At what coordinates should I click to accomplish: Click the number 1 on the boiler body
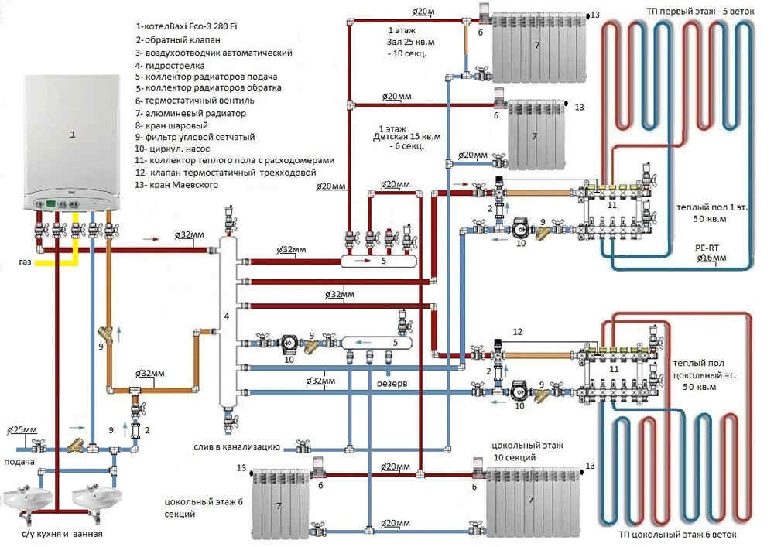(x=72, y=135)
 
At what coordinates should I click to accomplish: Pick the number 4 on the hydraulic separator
(x=226, y=316)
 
